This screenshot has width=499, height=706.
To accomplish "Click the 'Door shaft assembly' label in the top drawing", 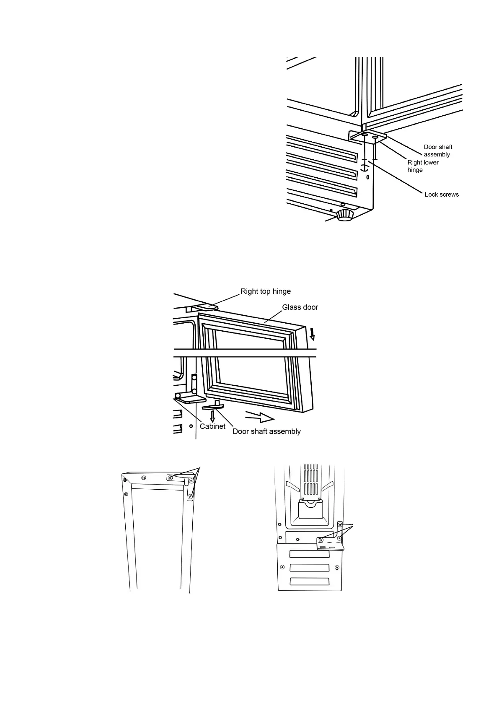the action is [438, 151].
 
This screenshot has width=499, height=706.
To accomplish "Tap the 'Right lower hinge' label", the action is [422, 166].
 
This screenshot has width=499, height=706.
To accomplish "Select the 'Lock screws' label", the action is [441, 195].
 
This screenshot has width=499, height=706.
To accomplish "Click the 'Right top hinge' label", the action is [265, 291].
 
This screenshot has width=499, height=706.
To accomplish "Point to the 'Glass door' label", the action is [300, 307].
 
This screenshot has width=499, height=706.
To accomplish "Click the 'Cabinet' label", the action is [212, 426].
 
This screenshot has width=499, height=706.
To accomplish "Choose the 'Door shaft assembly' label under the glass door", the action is [266, 431].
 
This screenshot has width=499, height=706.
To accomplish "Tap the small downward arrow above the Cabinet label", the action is [213, 415].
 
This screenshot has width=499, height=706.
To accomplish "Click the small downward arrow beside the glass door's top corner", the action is [311, 334].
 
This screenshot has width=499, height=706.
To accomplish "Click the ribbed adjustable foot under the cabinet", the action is [345, 215].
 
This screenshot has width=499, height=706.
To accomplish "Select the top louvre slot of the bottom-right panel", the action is [309, 554].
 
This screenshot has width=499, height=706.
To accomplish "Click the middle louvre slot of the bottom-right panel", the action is [309, 568].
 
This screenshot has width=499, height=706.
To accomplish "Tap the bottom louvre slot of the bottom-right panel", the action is [309, 581].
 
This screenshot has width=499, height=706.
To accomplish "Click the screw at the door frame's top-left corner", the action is [124, 480].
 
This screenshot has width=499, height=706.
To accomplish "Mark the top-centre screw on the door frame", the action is [144, 478].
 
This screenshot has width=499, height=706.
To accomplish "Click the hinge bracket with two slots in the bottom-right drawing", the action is [330, 543].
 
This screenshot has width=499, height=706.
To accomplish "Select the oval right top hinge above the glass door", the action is [207, 307].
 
